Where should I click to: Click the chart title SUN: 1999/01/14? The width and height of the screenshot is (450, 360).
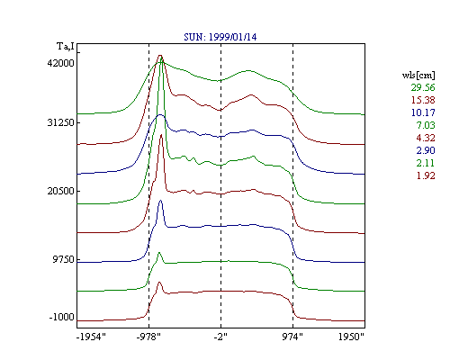tap(220, 37)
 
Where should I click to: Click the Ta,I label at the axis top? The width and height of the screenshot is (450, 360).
tap(66, 47)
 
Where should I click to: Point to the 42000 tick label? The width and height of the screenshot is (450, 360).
tap(60, 63)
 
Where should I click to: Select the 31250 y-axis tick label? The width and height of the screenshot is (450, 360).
tap(60, 122)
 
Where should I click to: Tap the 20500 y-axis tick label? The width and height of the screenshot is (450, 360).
tap(60, 191)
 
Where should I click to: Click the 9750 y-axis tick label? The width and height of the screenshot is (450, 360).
tap(63, 259)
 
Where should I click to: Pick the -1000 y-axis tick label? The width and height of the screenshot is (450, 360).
tap(61, 317)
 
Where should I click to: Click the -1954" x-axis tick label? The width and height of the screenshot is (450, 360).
tap(91, 337)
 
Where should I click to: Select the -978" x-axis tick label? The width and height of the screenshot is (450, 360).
tap(148, 337)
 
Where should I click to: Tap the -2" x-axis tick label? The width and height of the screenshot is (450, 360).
tap(220, 337)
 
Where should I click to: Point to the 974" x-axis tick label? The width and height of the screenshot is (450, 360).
tap(292, 337)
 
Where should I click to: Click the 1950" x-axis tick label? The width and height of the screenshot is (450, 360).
tap(351, 337)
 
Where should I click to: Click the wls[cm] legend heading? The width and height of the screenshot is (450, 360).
tap(418, 75)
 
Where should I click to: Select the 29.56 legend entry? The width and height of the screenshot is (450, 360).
tap(423, 87)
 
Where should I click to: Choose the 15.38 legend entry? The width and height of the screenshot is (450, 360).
tap(423, 100)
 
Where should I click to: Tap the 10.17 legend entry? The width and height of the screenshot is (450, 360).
tap(423, 112)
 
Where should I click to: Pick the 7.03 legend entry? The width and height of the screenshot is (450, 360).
tap(426, 125)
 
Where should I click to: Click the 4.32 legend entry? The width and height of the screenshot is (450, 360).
tap(426, 138)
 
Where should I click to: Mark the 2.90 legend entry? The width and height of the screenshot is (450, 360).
tap(426, 150)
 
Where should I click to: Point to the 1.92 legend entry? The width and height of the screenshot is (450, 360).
tap(426, 175)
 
